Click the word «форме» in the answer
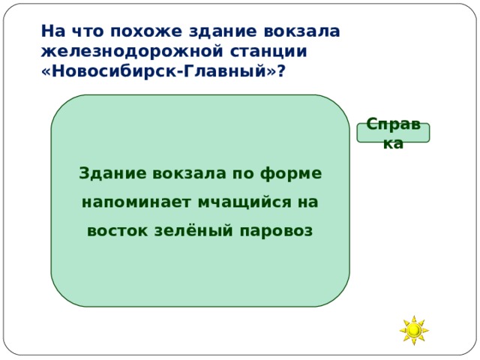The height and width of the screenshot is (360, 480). [291, 173]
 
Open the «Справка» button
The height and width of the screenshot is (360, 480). [393, 133]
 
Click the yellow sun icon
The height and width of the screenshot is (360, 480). [413, 329]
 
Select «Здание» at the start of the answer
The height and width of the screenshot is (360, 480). [112, 173]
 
